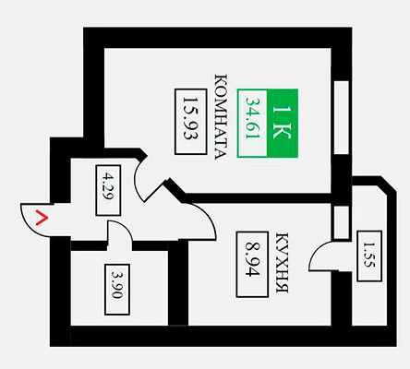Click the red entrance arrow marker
tap(42, 218)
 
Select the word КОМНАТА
tap(221, 117)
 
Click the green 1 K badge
tap(283, 124)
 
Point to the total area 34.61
tap(253, 118)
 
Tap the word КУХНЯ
tap(282, 263)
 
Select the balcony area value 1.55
tap(368, 255)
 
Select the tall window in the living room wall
tap(342, 117)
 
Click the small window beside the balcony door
tap(342, 222)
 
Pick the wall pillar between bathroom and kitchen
tap(178, 283)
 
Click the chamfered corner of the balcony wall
tap(389, 184)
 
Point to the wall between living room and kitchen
tap(257, 198)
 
